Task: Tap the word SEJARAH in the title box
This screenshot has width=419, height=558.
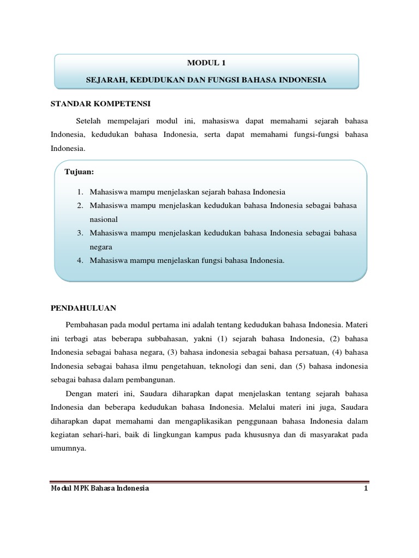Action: pos(105,80)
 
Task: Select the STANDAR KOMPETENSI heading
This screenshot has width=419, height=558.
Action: pos(100,104)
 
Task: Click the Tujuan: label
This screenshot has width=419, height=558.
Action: pos(80,172)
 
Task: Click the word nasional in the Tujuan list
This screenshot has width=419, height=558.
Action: pos(104,219)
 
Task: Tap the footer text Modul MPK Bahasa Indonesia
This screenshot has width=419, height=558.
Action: pos(99,488)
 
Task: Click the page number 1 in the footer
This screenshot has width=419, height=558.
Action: pos(367,488)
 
